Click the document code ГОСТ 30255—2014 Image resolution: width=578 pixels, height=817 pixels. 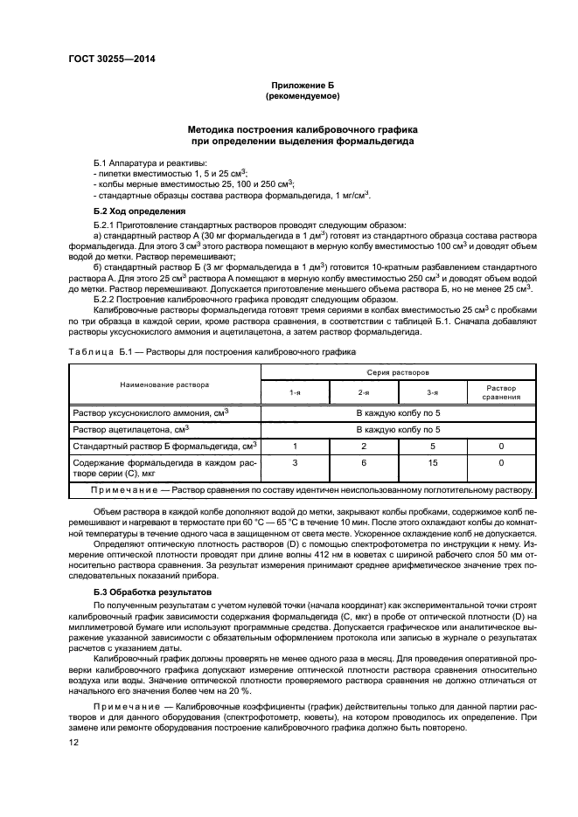click(108, 60)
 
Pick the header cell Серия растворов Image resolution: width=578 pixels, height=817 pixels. click(398, 372)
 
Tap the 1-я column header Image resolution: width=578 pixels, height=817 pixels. click(296, 393)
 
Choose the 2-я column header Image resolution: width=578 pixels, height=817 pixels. click(364, 393)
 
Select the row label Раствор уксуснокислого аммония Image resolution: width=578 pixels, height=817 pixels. click(150, 412)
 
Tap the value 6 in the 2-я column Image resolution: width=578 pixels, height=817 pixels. click(364, 463)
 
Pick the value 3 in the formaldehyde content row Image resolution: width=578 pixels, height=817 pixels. click(296, 463)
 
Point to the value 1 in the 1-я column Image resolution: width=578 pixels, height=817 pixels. click(296, 446)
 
